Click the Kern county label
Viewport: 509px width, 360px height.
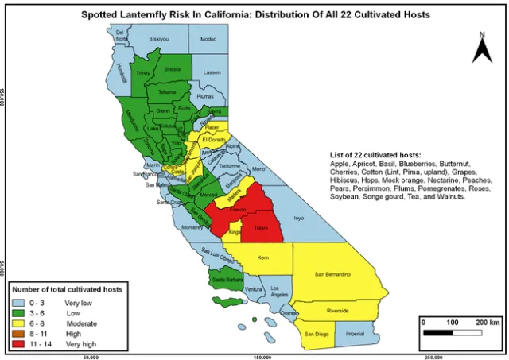point(263,259)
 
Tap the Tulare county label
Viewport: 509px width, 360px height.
point(261,227)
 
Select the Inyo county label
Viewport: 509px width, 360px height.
point(299,217)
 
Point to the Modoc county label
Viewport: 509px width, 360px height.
point(208,38)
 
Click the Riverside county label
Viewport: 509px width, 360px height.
point(337,311)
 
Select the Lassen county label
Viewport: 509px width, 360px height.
point(211,72)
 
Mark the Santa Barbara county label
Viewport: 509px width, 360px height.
point(223,280)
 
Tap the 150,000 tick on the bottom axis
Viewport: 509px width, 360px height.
point(262,356)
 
